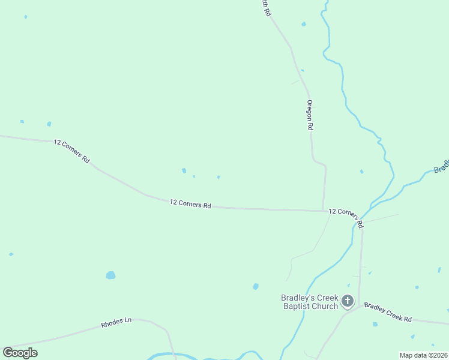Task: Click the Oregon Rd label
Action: click(310, 115)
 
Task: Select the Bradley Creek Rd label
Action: click(388, 312)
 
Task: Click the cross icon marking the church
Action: click(348, 301)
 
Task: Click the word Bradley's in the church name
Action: click(298, 298)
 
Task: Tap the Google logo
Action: click(20, 353)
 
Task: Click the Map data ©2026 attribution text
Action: click(423, 355)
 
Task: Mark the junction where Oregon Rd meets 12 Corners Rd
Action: click(324, 211)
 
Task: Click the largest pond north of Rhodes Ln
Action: click(110, 275)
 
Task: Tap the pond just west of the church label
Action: click(256, 287)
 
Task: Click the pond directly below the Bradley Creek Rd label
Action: click(375, 325)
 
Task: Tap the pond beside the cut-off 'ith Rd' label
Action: click(303, 24)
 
